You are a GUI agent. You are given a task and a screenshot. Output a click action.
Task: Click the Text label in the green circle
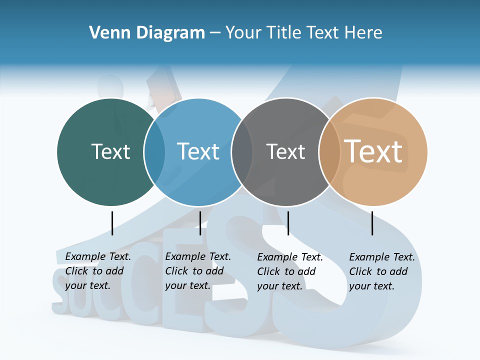[110, 151]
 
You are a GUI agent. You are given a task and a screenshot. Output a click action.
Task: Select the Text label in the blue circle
[198, 151]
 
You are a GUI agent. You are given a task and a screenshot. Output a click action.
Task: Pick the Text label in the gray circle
[285, 151]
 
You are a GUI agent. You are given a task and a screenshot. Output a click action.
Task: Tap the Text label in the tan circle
[373, 151]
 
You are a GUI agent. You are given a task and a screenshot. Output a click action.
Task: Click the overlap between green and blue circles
[154, 152]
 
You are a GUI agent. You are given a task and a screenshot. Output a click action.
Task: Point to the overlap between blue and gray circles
[242, 152]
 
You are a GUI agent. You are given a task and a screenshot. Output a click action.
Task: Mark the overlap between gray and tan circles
[329, 152]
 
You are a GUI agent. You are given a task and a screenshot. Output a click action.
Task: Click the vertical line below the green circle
[112, 223]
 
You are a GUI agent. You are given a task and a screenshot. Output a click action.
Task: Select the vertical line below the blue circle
[200, 223]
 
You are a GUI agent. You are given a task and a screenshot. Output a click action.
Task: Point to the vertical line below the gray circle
[288, 223]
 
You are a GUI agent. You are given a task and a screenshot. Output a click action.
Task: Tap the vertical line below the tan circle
[372, 223]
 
